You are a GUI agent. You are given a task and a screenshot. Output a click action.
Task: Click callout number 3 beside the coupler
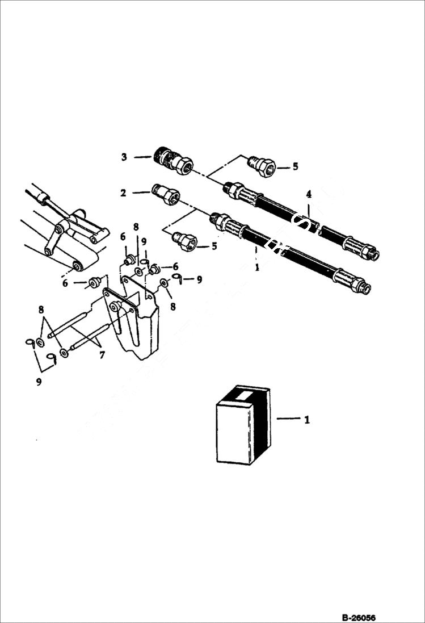point(124,157)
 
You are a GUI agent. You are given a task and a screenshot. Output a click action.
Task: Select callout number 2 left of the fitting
point(123,193)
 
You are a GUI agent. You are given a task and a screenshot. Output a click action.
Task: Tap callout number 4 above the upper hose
point(309,194)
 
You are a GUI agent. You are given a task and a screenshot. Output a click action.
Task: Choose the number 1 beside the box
point(307,420)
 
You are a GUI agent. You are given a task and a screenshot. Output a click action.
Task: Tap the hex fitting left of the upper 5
point(262,166)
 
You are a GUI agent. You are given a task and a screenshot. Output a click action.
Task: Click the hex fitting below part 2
point(186,242)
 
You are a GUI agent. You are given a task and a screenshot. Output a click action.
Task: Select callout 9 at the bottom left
point(39,382)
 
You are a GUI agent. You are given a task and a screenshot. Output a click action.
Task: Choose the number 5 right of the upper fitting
point(295,166)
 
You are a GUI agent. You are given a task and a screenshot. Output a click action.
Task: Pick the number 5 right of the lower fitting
point(214,246)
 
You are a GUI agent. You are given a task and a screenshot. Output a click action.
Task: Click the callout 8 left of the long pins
point(41,310)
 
